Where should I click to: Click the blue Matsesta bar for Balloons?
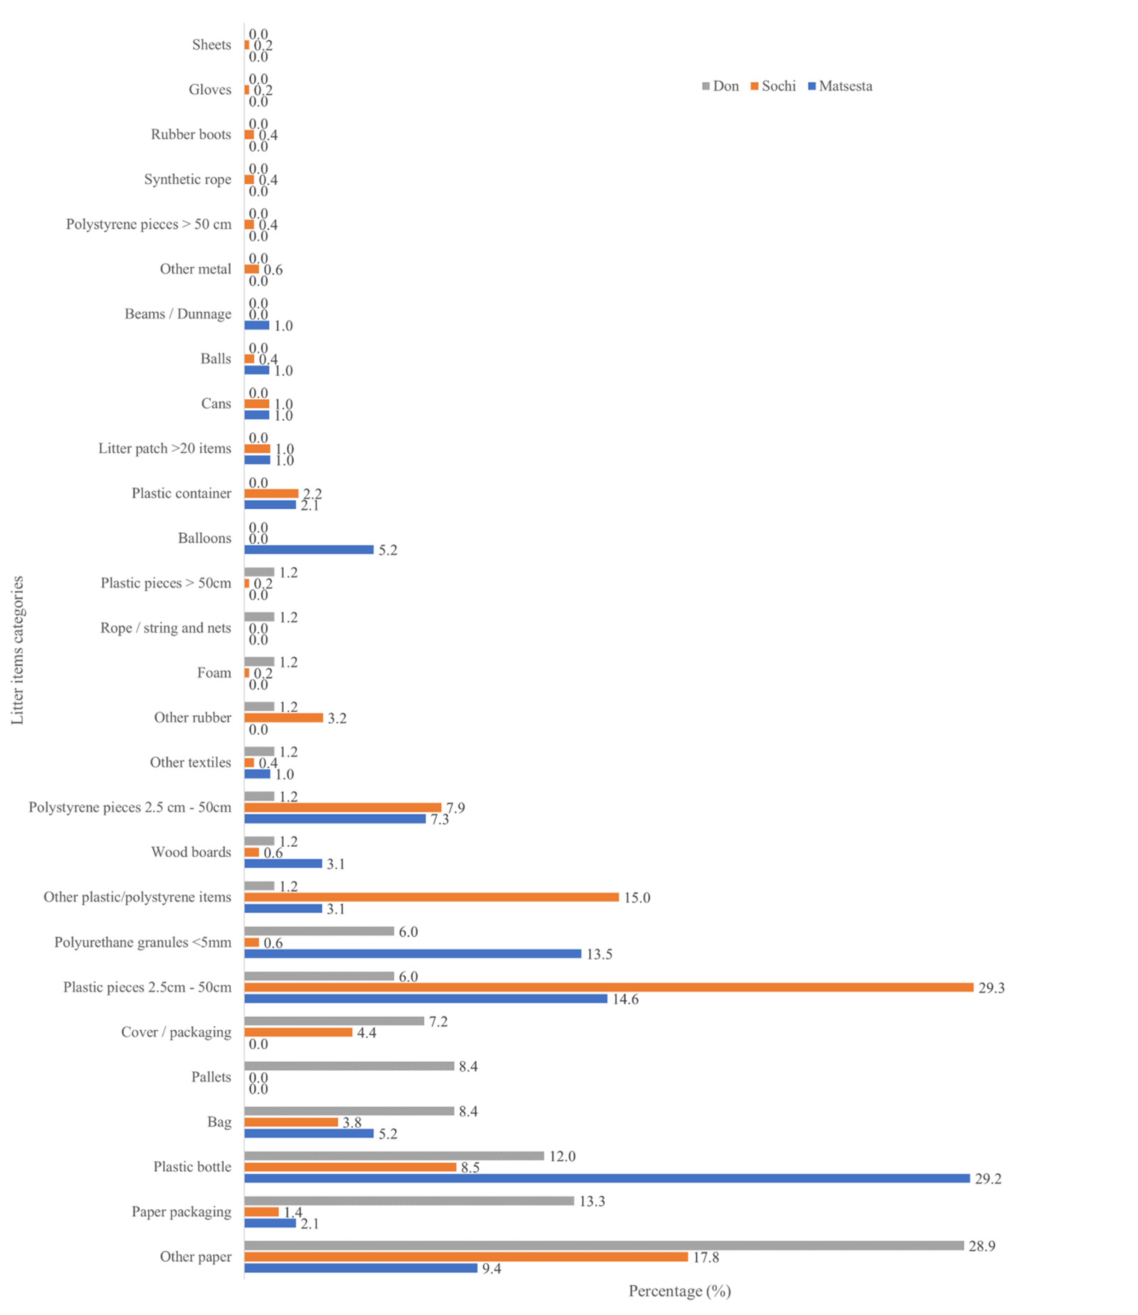click(x=309, y=550)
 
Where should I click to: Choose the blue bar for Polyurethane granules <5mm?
click(x=412, y=954)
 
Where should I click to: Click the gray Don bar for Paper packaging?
click(x=409, y=1201)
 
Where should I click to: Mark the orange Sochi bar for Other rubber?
click(x=283, y=717)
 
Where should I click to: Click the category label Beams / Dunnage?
click(x=178, y=314)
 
